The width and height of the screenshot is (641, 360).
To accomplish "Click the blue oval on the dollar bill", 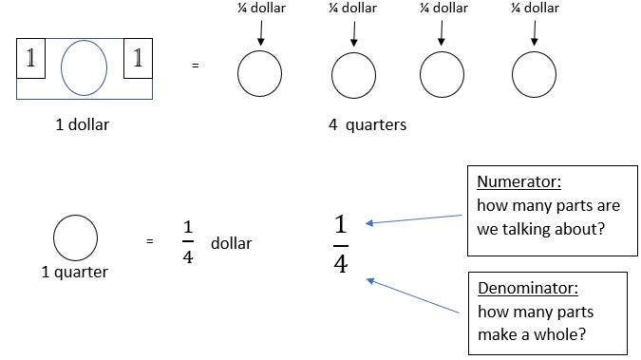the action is pyautogui.click(x=85, y=68).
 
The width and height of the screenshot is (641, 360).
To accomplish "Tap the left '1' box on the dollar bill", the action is pyautogui.click(x=31, y=58).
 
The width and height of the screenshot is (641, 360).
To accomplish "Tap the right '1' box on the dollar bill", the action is pyautogui.click(x=139, y=58).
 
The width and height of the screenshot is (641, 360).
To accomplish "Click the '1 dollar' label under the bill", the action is pyautogui.click(x=82, y=124).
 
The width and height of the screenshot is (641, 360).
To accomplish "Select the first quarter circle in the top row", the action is pyautogui.click(x=259, y=74).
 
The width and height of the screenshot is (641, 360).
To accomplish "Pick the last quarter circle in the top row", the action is pyautogui.click(x=534, y=74).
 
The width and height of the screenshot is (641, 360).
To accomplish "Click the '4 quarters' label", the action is pyautogui.click(x=368, y=124).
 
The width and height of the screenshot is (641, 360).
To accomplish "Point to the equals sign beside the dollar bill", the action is pyautogui.click(x=196, y=66).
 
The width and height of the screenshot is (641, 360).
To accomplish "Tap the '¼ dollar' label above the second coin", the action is pyautogui.click(x=352, y=9).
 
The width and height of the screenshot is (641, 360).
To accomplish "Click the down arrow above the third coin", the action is pyautogui.click(x=442, y=33).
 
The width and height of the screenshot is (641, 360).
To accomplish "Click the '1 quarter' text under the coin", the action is pyautogui.click(x=75, y=273).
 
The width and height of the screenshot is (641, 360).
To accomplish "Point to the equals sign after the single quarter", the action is pyautogui.click(x=150, y=242).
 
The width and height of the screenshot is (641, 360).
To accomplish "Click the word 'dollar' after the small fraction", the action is pyautogui.click(x=231, y=243).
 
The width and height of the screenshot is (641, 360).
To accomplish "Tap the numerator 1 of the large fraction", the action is pyautogui.click(x=341, y=226).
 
